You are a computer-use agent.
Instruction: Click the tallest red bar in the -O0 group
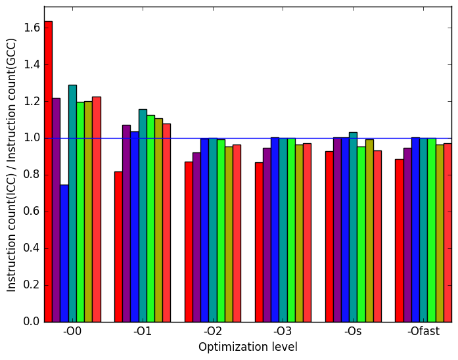[x=49, y=171]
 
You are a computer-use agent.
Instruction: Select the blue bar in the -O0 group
[x=64, y=254]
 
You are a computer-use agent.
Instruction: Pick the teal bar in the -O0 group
[x=73, y=204]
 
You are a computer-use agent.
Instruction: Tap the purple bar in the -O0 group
[x=57, y=210]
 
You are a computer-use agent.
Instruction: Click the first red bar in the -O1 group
[x=118, y=247]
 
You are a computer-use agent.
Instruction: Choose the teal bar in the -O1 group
[x=143, y=215]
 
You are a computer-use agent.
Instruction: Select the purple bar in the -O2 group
[x=197, y=237]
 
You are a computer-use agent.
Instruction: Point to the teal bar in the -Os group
[x=353, y=227]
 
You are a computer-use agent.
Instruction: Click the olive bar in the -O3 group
[x=299, y=234]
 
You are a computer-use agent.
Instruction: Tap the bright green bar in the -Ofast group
[x=432, y=231]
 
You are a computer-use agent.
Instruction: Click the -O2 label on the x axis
[x=213, y=331]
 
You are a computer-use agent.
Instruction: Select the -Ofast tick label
[x=424, y=331]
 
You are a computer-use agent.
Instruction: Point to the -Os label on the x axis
[x=353, y=331]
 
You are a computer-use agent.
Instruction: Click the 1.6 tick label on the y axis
[x=32, y=28]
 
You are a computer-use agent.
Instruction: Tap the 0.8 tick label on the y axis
[x=32, y=175]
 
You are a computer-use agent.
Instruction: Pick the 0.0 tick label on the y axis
[x=32, y=322]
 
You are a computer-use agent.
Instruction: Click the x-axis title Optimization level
[x=248, y=347]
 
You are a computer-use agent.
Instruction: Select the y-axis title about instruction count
[x=11, y=165]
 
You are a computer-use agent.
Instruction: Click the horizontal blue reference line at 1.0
[x=248, y=138]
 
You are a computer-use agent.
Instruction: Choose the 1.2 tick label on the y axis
[x=32, y=101]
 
